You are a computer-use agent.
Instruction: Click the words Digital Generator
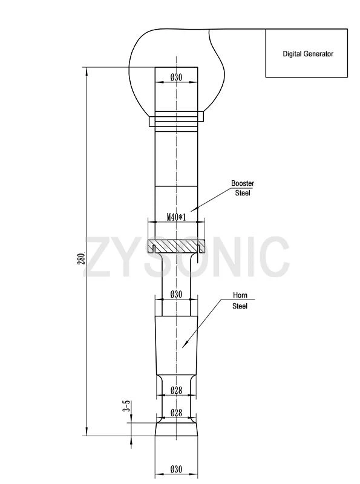[308, 54]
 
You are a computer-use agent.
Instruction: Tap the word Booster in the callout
[243, 183]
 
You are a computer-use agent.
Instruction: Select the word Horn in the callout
[240, 296]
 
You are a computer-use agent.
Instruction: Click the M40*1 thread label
[175, 217]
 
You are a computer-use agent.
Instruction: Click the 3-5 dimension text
[126, 406]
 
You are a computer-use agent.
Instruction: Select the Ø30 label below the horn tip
[176, 469]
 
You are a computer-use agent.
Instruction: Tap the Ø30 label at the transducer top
[176, 77]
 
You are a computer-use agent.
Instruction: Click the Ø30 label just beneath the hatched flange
[175, 294]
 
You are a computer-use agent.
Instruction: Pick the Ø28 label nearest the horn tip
[176, 413]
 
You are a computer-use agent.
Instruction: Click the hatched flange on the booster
[176, 247]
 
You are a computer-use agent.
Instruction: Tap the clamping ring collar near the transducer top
[176, 119]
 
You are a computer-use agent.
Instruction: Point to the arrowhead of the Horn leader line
[183, 347]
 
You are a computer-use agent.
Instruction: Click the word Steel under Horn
[240, 306]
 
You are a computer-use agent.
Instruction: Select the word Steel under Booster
[243, 193]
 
